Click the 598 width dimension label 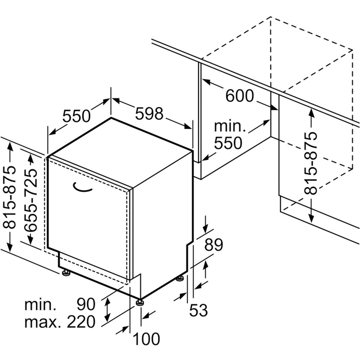click(x=149, y=114)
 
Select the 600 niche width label click(x=240, y=96)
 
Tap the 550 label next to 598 click(x=76, y=116)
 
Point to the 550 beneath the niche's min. click(x=228, y=143)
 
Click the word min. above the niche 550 click(x=230, y=126)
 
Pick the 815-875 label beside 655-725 click(x=10, y=197)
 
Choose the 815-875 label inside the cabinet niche click(x=310, y=163)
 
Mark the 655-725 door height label click(x=31, y=200)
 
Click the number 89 click(x=214, y=245)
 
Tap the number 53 click(x=199, y=310)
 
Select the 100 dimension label click(x=146, y=339)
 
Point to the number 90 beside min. click(x=86, y=304)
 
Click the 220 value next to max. click(x=81, y=322)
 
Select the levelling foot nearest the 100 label click(x=139, y=302)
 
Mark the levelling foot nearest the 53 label click(x=180, y=278)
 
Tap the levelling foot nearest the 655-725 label click(x=66, y=272)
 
